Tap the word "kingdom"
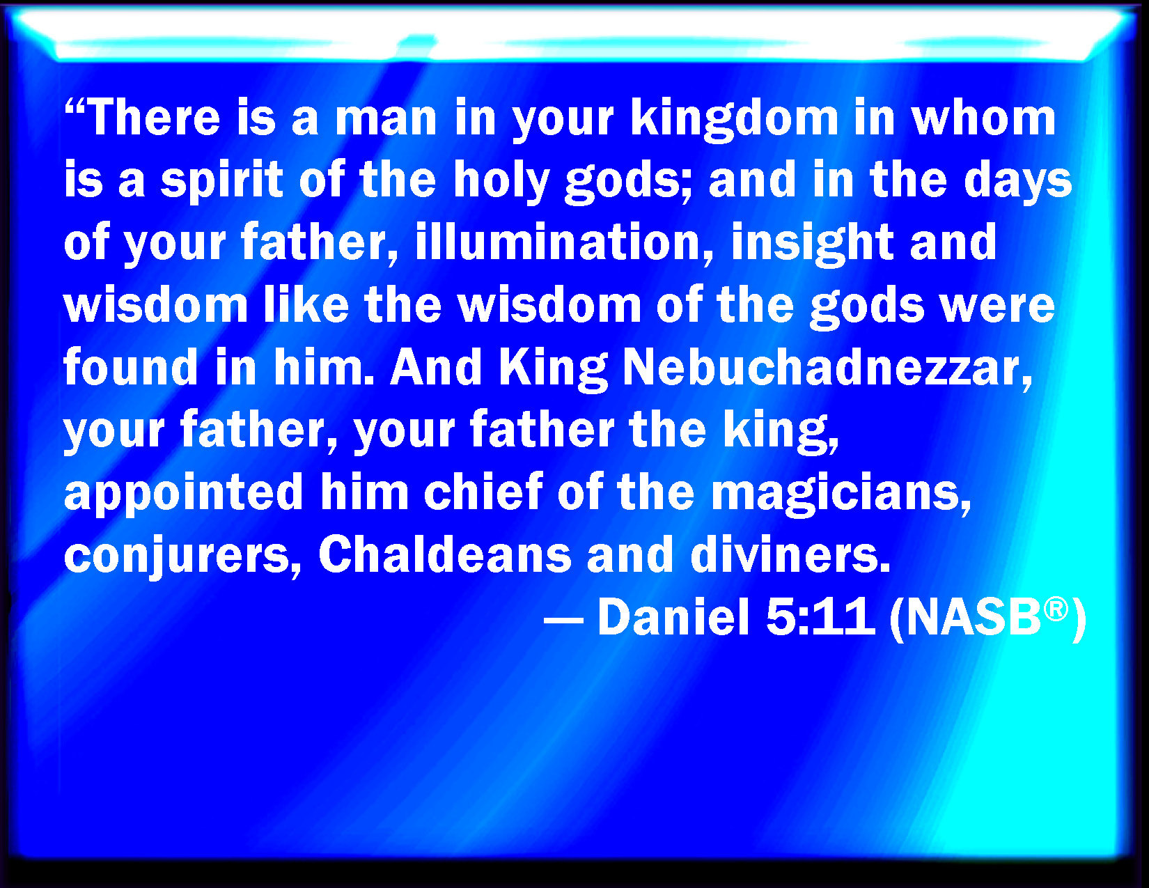pyautogui.click(x=735, y=120)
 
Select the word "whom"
pyautogui.click(x=983, y=118)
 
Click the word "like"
pyautogui.click(x=306, y=304)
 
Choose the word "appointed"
pyautogui.click(x=183, y=492)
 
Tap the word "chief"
pyautogui.click(x=483, y=491)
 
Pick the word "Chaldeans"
pyautogui.click(x=445, y=554)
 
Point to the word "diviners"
pyautogui.click(x=790, y=554)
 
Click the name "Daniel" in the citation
pyautogui.click(x=673, y=616)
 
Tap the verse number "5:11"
pyautogui.click(x=820, y=616)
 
